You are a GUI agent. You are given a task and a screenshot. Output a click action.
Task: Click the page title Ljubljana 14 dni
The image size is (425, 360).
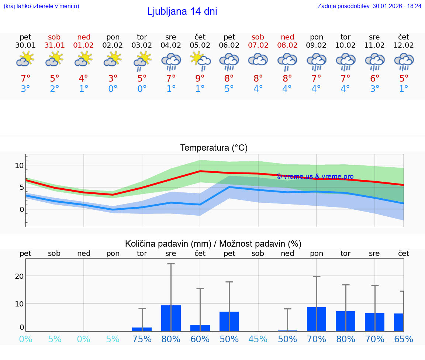coord(182,11)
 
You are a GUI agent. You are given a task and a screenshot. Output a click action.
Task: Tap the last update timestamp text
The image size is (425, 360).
coord(369,6)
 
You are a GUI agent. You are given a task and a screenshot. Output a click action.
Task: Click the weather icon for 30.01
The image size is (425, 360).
coord(25,59)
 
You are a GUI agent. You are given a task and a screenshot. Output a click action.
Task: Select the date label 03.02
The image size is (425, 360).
coord(142,45)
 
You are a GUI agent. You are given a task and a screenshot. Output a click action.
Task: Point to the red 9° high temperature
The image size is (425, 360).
coord(200,78)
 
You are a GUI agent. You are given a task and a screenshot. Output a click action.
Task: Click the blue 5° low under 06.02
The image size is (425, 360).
coord(229,89)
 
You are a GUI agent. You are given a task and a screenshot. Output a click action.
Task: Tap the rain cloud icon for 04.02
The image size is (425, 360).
coord(171,61)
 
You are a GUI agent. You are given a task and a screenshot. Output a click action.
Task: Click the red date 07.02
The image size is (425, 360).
coord(258,45)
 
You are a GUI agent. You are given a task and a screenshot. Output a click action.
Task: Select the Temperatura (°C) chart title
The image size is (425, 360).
coord(214,148)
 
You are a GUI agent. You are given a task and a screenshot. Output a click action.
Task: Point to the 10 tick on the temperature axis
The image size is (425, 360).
coord(19,165)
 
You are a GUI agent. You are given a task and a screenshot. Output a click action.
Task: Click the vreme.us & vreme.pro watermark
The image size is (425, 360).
coord(315,176)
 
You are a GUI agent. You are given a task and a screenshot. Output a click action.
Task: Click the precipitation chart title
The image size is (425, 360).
coord(213,243)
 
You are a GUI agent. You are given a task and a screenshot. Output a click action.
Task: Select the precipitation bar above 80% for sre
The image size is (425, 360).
coord(171,318)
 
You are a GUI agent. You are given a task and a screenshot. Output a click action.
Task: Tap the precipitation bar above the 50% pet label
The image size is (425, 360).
coord(229,321)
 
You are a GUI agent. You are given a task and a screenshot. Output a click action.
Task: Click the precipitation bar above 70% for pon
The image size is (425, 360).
coord(317,319)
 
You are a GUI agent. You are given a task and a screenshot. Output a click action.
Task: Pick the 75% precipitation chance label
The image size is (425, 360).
coord(142,339)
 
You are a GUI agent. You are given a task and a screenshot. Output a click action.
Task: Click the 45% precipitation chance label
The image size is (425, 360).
coord(258,339)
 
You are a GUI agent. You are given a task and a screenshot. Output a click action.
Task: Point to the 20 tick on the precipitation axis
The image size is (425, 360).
coord(19,276)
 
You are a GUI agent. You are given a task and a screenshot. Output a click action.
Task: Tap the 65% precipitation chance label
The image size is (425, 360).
coord(403,339)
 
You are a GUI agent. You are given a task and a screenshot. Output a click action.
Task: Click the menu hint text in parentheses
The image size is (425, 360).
coord(41,6)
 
